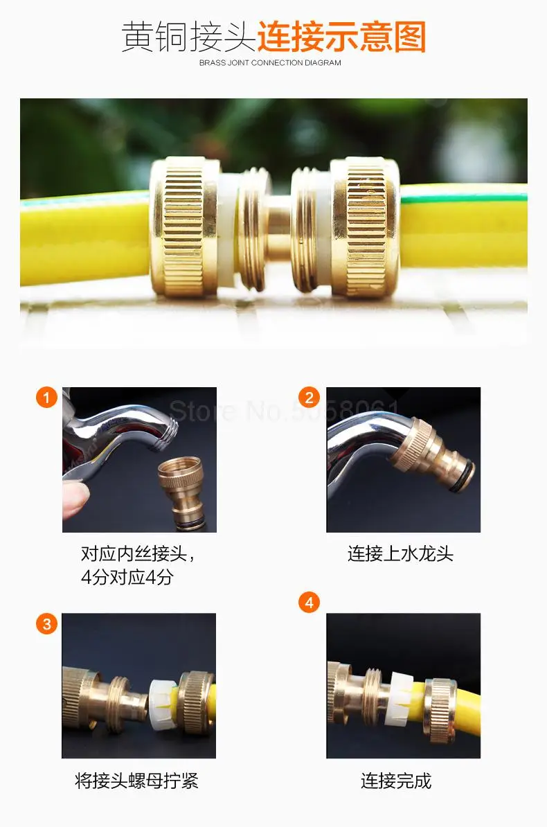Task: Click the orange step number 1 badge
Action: coord(46,397)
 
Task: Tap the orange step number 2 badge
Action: coord(309,397)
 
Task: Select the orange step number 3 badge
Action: coord(46,624)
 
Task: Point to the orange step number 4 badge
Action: coord(309,603)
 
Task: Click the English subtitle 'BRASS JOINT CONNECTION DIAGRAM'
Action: coord(270,63)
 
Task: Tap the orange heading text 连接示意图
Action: coord(342,37)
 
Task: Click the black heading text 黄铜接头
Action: coord(189,37)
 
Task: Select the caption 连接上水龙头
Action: coord(400,554)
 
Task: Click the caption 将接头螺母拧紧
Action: coord(136,781)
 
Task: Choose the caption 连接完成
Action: coord(396,781)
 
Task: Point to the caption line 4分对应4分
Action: coord(127,577)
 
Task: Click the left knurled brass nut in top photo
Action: coord(185,226)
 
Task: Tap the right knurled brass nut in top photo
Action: coord(365,226)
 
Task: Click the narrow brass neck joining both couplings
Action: coord(278,227)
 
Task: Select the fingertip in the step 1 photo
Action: coord(75,499)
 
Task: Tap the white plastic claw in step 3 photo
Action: coord(163,704)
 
